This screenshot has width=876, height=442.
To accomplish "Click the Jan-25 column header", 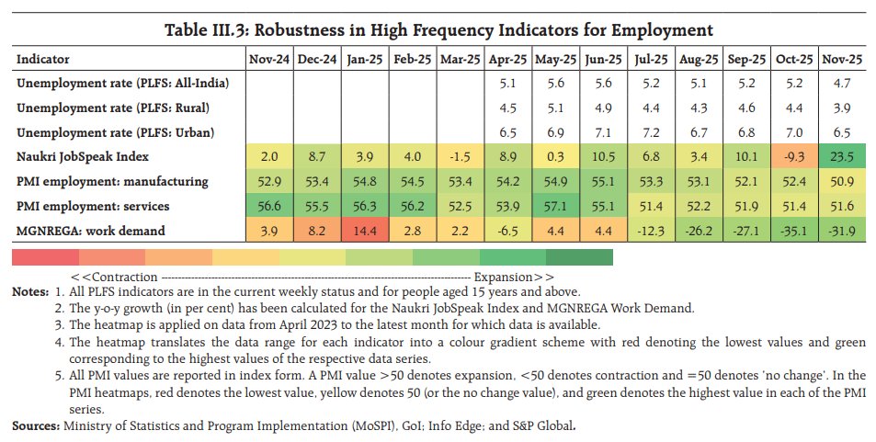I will coord(364,60).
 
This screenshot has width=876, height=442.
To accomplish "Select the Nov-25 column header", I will coord(841,60).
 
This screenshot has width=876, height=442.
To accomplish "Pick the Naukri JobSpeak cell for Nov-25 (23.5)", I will coord(841,156).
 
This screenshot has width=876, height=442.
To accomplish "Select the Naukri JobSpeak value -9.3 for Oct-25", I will coord(792,156).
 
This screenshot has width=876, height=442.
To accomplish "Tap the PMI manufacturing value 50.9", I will coord(841,180).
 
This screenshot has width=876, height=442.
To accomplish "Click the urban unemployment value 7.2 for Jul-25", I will coord(651,132).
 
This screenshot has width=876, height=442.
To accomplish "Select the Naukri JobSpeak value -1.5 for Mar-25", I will coord(460,156).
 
